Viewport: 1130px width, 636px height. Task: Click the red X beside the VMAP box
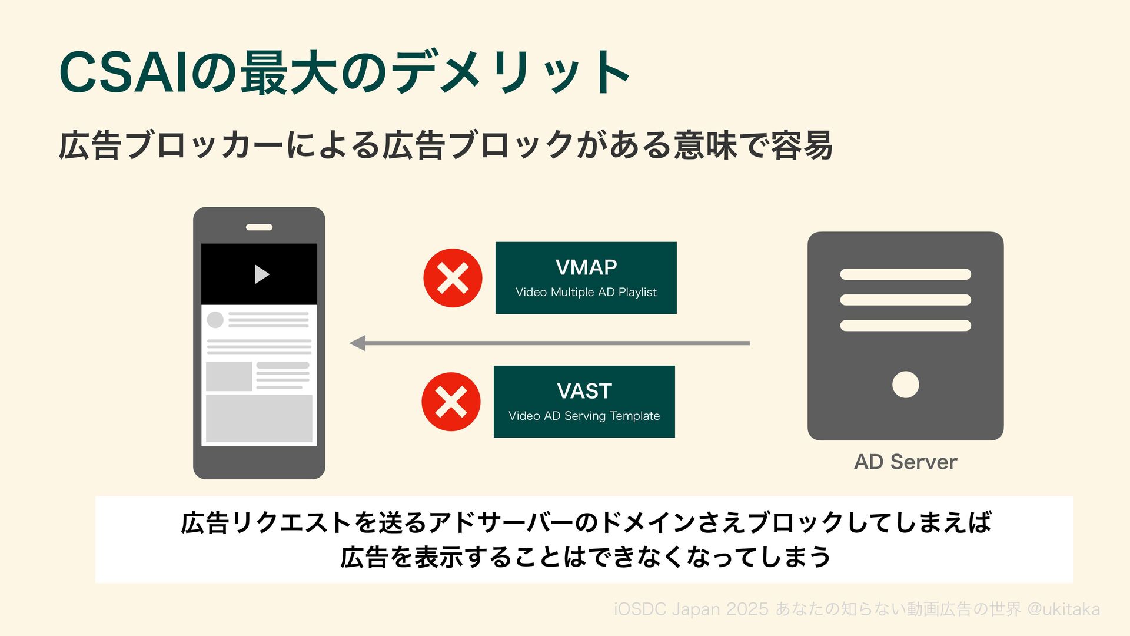pyautogui.click(x=453, y=278)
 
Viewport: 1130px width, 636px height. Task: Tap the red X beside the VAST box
pyautogui.click(x=451, y=402)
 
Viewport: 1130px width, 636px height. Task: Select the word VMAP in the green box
pyautogui.click(x=586, y=268)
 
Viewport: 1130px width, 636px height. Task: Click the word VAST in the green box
pyautogui.click(x=584, y=391)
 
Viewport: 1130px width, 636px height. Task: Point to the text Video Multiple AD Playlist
pyautogui.click(x=586, y=292)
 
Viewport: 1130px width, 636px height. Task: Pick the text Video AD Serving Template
pyautogui.click(x=584, y=416)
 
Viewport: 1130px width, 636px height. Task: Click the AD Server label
pyautogui.click(x=905, y=462)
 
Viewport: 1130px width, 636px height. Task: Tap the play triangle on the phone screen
pyautogui.click(x=261, y=274)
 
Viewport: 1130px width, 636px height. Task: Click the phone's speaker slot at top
pyautogui.click(x=259, y=227)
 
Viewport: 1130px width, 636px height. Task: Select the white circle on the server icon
pyautogui.click(x=905, y=385)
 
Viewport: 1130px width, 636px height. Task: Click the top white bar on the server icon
pyautogui.click(x=905, y=274)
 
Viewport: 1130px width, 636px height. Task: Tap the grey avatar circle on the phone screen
pyautogui.click(x=215, y=320)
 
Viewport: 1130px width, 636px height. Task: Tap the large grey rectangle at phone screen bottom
pyautogui.click(x=259, y=418)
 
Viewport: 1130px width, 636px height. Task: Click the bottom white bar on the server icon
pyautogui.click(x=905, y=326)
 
